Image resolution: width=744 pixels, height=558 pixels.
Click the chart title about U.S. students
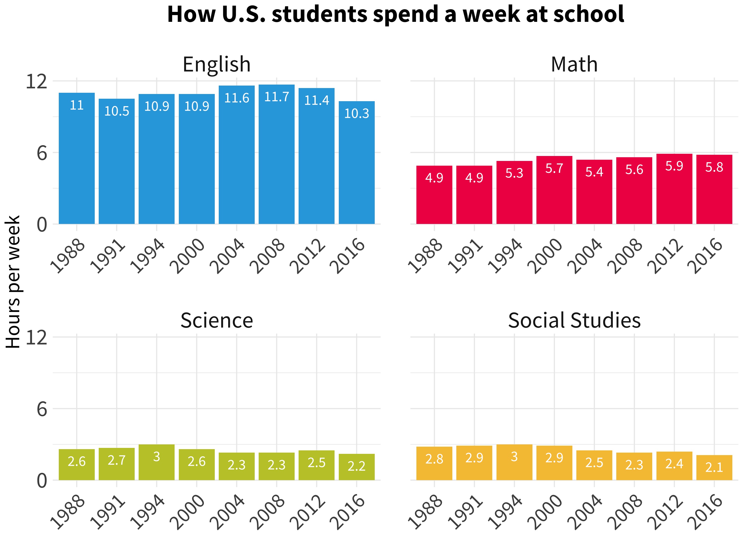(396, 14)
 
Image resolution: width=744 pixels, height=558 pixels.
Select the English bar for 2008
(277, 155)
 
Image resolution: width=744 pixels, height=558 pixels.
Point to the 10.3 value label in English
(357, 113)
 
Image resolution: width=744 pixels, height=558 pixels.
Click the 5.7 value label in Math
(554, 168)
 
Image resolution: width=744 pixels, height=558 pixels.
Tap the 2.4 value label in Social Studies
(674, 464)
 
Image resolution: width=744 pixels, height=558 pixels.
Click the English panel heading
(217, 64)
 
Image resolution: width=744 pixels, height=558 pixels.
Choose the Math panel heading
(574, 64)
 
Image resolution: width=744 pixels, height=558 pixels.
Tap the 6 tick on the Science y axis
(42, 409)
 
